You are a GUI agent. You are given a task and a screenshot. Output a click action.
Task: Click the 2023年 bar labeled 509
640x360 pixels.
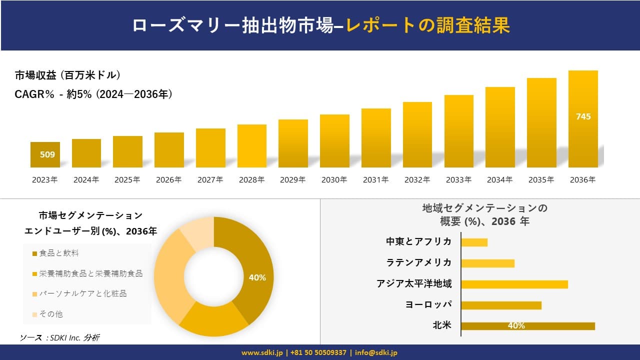coord(45,154)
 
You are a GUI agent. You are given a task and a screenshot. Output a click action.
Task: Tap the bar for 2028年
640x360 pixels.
coord(251,146)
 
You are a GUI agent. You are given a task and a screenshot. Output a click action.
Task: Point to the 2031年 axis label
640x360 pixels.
coord(375,180)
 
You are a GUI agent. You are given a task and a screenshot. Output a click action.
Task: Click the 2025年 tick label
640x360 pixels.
coord(127,180)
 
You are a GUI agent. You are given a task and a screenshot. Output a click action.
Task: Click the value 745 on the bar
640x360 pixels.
coord(583,116)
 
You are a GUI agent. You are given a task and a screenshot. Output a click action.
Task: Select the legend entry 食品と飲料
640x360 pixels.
coord(59,253)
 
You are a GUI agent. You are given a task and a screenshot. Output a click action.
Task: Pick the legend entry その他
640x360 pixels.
coord(51,314)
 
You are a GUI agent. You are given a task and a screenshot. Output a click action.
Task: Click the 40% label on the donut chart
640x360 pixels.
coord(257,277)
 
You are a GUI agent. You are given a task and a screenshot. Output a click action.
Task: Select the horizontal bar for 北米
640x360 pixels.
coord(527,326)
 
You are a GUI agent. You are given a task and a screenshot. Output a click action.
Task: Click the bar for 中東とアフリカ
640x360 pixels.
coord(474,242)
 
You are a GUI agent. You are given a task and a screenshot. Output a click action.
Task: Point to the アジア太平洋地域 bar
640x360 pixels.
coord(514,284)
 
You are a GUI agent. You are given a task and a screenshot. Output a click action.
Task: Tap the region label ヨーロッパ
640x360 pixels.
coord(428,305)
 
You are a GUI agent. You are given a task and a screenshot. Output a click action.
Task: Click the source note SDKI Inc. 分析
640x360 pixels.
coord(60,338)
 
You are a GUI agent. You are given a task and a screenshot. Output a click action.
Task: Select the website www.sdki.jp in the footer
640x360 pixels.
coord(261,352)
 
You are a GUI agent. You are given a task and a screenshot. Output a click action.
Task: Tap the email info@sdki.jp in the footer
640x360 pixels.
coord(376,352)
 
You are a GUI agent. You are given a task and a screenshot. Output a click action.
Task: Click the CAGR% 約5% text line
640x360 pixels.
coord(93,94)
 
